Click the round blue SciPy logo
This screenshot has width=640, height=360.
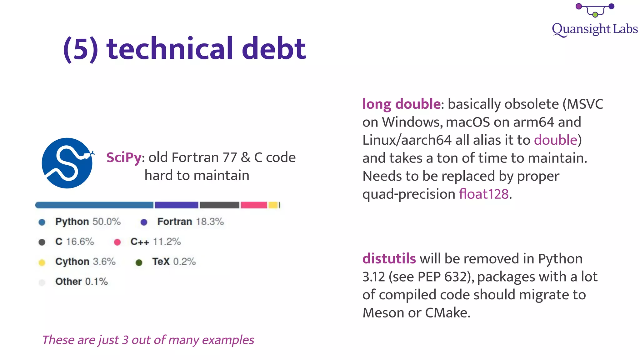67,163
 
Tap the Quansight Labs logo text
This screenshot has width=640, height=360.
594,29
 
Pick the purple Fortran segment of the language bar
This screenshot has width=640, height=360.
177,205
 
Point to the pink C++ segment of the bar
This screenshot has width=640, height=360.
254,205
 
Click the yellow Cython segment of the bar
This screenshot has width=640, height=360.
273,205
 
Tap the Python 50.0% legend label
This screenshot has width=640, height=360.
88,222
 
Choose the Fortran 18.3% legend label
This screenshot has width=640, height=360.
190,222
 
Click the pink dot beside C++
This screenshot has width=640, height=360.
117,242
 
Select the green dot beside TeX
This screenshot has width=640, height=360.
139,262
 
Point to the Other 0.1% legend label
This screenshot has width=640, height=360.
81,282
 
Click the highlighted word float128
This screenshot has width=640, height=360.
484,194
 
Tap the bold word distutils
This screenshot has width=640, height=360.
389,259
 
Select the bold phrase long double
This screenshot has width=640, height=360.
402,104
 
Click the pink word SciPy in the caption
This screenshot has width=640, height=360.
124,157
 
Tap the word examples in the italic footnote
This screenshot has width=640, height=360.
228,340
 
